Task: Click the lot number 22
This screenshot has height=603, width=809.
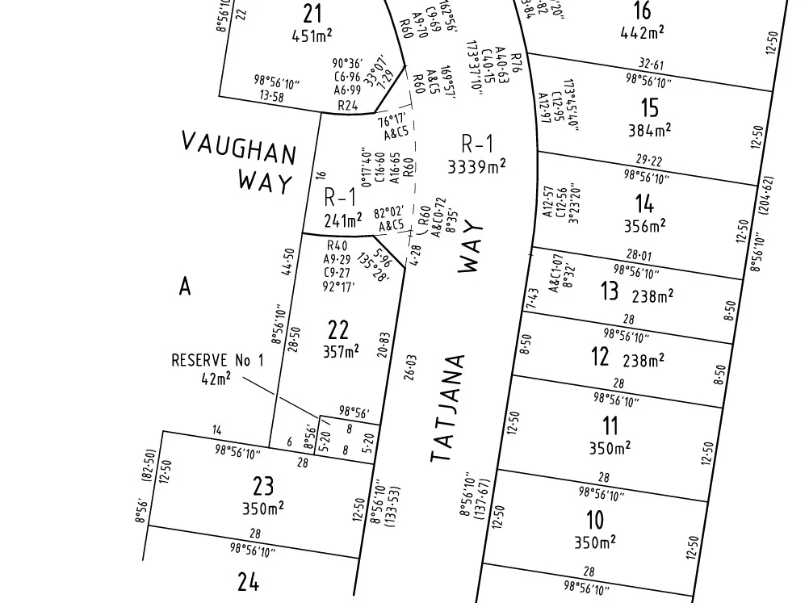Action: [337, 329]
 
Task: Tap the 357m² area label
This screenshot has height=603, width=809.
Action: [340, 351]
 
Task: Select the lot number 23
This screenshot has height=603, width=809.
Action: [263, 486]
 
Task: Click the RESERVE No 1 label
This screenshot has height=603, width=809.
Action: [217, 361]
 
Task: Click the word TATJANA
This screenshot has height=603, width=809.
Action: [449, 408]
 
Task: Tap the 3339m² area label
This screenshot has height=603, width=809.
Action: [476, 165]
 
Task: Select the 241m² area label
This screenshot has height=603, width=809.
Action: [343, 220]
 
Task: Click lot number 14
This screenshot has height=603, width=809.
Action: [643, 203]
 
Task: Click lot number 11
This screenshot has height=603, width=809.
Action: [610, 425]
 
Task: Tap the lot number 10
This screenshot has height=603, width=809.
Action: [594, 519]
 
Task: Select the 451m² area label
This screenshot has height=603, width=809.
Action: [312, 34]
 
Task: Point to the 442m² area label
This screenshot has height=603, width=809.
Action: [642, 31]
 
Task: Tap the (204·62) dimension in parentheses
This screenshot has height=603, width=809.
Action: [767, 203]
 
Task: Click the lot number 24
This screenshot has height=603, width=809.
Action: [248, 581]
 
